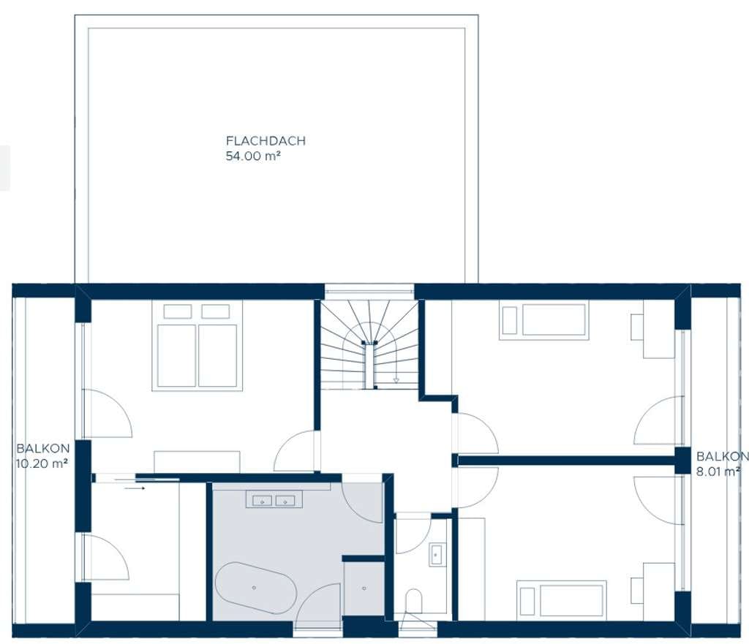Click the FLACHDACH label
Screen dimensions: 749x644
click(266, 141)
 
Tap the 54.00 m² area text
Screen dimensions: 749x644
click(252, 156)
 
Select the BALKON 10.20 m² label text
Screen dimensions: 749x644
click(42, 456)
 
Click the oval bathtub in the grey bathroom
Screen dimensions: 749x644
click(255, 588)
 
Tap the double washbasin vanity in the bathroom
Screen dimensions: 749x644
click(274, 499)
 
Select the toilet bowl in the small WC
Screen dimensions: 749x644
click(413, 601)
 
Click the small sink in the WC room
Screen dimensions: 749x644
click(436, 554)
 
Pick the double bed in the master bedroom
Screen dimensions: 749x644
click(197, 346)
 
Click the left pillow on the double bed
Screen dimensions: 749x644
click(178, 311)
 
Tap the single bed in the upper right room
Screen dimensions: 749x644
click(543, 320)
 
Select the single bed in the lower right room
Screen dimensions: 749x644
click(561, 601)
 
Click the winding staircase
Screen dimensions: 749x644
click(369, 344)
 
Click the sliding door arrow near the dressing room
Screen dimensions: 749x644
click(135, 488)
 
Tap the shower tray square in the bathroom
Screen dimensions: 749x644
click(364, 588)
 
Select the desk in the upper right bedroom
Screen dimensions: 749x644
click(659, 329)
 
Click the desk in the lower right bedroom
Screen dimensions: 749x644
click(659, 591)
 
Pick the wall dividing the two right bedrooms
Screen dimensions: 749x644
click(566, 461)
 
